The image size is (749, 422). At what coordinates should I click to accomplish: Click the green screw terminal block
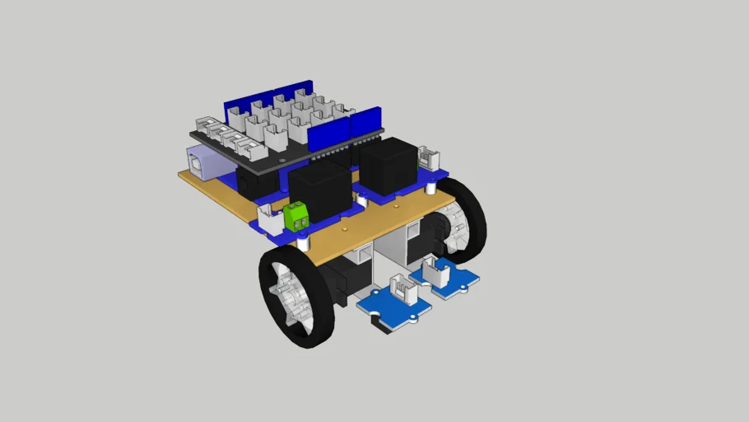coord(297,217)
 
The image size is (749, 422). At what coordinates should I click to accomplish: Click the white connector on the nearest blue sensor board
coord(402,290)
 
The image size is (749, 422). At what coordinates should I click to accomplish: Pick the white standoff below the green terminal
coord(305,243)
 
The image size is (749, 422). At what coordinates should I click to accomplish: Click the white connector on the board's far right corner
coord(428,156)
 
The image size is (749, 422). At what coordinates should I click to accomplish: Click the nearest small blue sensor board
coord(393,304)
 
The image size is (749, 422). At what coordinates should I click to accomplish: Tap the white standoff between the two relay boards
coord(361,200)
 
